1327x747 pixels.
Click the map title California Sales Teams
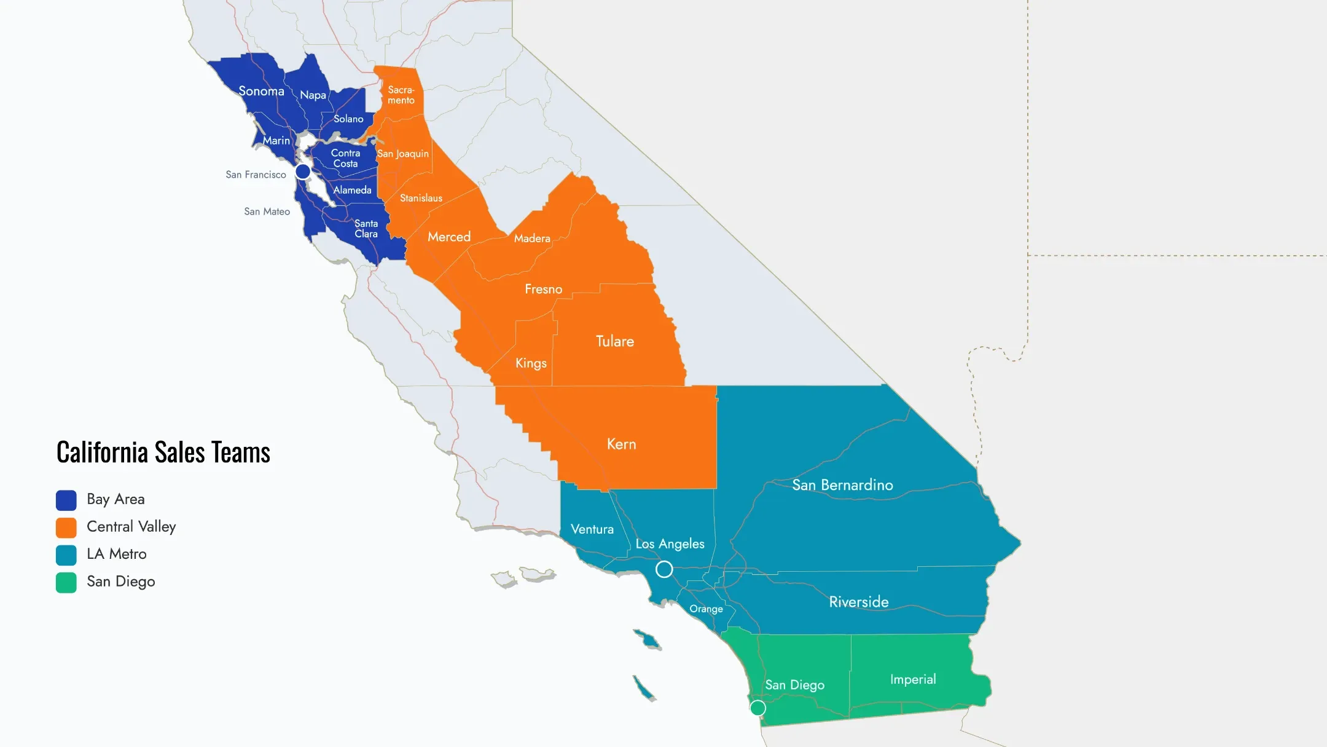pyautogui.click(x=163, y=453)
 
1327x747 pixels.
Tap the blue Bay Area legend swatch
pyautogui.click(x=66, y=500)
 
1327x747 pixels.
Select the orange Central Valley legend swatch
pyautogui.click(x=66, y=528)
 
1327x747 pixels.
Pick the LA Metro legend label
pyautogui.click(x=117, y=554)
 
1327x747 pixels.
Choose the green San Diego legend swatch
pyautogui.click(x=66, y=582)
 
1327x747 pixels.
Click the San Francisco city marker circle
pyautogui.click(x=303, y=171)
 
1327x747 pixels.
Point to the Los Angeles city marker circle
pyautogui.click(x=664, y=569)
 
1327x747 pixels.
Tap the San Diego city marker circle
pyautogui.click(x=758, y=708)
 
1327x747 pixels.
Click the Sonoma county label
pyautogui.click(x=261, y=91)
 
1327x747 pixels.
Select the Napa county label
pyautogui.click(x=313, y=95)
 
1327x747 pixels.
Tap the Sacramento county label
pyautogui.click(x=401, y=95)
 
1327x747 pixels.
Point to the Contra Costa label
pyautogui.click(x=345, y=158)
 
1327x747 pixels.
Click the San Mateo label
pyautogui.click(x=267, y=211)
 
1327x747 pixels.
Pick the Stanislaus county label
pyautogui.click(x=421, y=198)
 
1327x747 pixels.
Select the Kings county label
pyautogui.click(x=531, y=363)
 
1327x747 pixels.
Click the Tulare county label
pyautogui.click(x=614, y=341)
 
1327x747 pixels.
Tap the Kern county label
pyautogui.click(x=621, y=444)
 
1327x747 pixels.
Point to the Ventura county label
pyautogui.click(x=592, y=529)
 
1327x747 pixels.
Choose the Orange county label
pyautogui.click(x=706, y=609)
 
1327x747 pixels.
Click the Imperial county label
pyautogui.click(x=913, y=679)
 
